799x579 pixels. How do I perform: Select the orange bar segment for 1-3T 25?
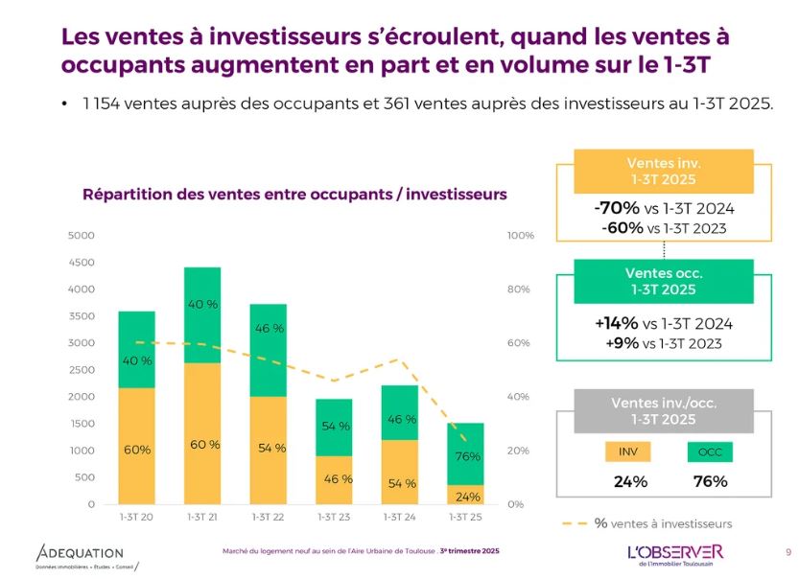pos(464,494)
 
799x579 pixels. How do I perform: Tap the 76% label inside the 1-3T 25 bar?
pos(467,456)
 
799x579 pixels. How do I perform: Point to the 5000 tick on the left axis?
pos(82,235)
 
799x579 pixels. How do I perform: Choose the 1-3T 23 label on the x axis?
pos(334,518)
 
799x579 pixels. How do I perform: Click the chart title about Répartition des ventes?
pos(294,194)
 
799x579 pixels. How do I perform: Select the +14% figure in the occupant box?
pos(617,323)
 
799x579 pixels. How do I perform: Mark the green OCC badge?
pos(710,452)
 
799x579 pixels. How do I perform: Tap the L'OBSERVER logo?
pos(675,553)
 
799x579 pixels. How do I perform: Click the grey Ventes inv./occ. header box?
pos(663,411)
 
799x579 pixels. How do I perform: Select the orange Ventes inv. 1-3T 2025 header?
pos(663,172)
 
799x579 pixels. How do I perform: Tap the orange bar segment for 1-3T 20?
pos(137,446)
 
